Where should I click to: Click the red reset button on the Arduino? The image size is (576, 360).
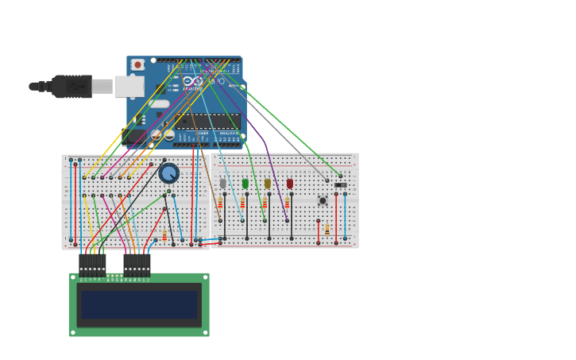[137, 64]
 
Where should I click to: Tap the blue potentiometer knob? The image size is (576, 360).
[168, 172]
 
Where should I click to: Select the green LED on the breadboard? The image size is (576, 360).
[245, 184]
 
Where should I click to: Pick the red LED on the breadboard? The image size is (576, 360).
[290, 184]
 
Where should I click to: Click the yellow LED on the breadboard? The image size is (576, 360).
[268, 184]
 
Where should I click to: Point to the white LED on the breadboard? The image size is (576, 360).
[223, 184]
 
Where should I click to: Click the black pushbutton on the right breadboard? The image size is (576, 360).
[323, 200]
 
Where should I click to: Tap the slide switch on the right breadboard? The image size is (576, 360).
[341, 184]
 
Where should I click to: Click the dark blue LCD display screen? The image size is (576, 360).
[139, 304]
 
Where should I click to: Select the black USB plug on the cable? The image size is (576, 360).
[72, 86]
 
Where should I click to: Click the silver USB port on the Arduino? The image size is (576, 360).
[129, 86]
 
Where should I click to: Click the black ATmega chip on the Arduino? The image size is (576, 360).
[207, 122]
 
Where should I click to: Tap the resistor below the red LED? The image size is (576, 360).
[287, 203]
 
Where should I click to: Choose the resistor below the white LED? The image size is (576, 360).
[220, 203]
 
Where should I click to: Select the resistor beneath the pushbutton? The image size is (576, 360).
[327, 230]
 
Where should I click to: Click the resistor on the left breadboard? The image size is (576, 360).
[164, 235]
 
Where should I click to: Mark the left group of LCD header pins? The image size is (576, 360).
[92, 265]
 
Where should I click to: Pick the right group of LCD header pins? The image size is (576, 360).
[137, 265]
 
